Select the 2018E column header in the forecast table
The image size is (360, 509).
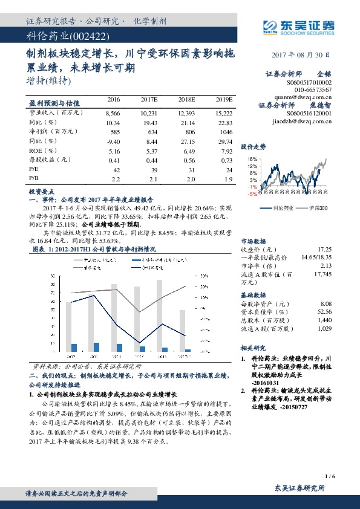(188, 99)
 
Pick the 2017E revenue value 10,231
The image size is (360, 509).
(149, 113)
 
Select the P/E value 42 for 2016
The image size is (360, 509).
(114, 170)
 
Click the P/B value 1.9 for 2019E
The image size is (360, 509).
(227, 180)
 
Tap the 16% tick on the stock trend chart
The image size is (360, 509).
(252, 159)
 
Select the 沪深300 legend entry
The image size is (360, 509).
(315, 208)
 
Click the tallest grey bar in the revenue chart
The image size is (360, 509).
(159, 316)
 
